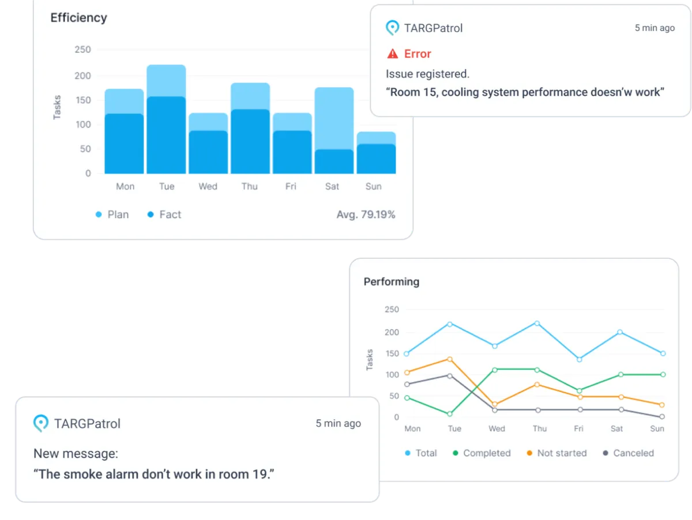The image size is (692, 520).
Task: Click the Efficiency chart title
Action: [x=78, y=18]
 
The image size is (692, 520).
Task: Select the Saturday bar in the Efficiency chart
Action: [x=334, y=131]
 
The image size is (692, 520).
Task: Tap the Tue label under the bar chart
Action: [x=167, y=186]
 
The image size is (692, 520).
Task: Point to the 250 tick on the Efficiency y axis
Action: [x=82, y=50]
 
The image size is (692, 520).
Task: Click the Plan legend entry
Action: [x=112, y=214]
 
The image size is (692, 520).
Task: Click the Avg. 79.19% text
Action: [x=366, y=214]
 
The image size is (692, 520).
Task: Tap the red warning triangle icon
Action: [x=393, y=54]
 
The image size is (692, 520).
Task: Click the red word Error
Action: [x=418, y=54]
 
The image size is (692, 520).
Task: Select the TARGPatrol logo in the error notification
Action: [x=393, y=28]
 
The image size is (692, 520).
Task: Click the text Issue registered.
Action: [x=427, y=74]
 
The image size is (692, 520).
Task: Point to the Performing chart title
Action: [x=391, y=282]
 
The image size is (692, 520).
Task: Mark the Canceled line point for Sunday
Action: [x=662, y=416]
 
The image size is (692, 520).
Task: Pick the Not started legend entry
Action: [x=556, y=453]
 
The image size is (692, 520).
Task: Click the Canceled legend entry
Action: [x=628, y=453]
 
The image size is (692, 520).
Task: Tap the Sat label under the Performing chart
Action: [x=616, y=429]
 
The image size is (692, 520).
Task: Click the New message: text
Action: [x=76, y=454]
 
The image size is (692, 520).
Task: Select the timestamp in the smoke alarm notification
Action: [x=338, y=423]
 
